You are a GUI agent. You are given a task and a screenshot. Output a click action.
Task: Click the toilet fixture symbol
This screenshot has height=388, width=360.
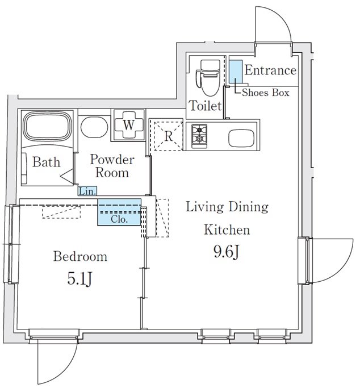click(208, 78)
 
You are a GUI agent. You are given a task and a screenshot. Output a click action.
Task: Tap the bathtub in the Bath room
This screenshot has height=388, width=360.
click(48, 126)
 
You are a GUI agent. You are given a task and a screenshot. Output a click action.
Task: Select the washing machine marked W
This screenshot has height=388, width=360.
click(128, 125)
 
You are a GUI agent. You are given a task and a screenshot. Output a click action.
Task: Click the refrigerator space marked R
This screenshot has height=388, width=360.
click(169, 136)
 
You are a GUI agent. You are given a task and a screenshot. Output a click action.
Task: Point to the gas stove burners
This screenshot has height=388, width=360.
click(199, 136)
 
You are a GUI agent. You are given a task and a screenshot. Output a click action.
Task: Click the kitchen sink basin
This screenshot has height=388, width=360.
click(241, 138)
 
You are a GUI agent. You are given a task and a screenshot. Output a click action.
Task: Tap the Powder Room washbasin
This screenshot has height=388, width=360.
click(94, 127)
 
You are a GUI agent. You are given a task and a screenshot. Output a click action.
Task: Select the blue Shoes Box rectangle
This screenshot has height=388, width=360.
click(235, 72)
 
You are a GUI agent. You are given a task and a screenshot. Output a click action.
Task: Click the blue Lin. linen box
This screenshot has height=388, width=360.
click(87, 191)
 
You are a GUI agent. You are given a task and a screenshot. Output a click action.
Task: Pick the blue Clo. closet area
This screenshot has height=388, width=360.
click(119, 212)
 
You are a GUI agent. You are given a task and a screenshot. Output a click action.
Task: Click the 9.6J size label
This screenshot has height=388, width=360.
click(227, 252)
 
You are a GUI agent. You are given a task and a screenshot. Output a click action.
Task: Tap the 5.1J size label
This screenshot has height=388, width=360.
click(79, 279)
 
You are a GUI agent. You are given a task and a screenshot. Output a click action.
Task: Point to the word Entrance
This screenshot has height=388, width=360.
click(270, 70)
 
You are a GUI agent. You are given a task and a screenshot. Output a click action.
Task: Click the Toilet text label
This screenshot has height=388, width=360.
click(205, 106)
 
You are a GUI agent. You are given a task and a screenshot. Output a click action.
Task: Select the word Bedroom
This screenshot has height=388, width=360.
click(81, 256)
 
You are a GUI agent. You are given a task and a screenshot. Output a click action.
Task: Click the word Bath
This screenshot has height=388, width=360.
click(46, 162)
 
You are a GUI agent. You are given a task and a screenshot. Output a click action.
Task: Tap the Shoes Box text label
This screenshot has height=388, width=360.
click(266, 93)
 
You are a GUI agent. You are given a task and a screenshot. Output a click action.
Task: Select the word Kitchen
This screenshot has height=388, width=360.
click(227, 230)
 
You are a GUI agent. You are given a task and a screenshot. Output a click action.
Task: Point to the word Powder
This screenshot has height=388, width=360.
click(112, 160)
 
